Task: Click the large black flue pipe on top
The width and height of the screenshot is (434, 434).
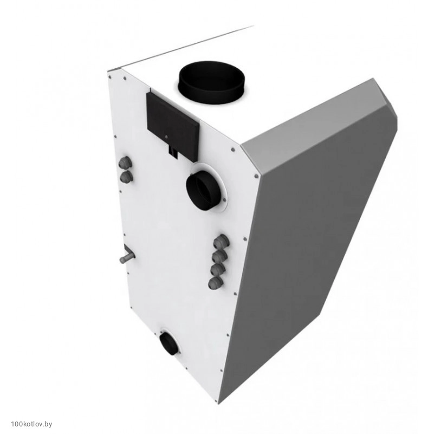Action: tap(212, 82)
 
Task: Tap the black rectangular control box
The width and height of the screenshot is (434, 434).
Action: tap(173, 126)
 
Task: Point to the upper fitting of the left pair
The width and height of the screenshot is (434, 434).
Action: tap(124, 162)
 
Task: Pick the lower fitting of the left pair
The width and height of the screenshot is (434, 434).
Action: tap(126, 176)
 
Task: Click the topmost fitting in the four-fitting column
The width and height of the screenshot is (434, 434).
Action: tap(222, 242)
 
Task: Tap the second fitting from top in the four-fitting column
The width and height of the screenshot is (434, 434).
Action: tap(220, 256)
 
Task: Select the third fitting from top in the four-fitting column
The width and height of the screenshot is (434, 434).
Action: tap(218, 269)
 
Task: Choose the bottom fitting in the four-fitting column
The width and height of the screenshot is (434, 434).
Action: tap(216, 282)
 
